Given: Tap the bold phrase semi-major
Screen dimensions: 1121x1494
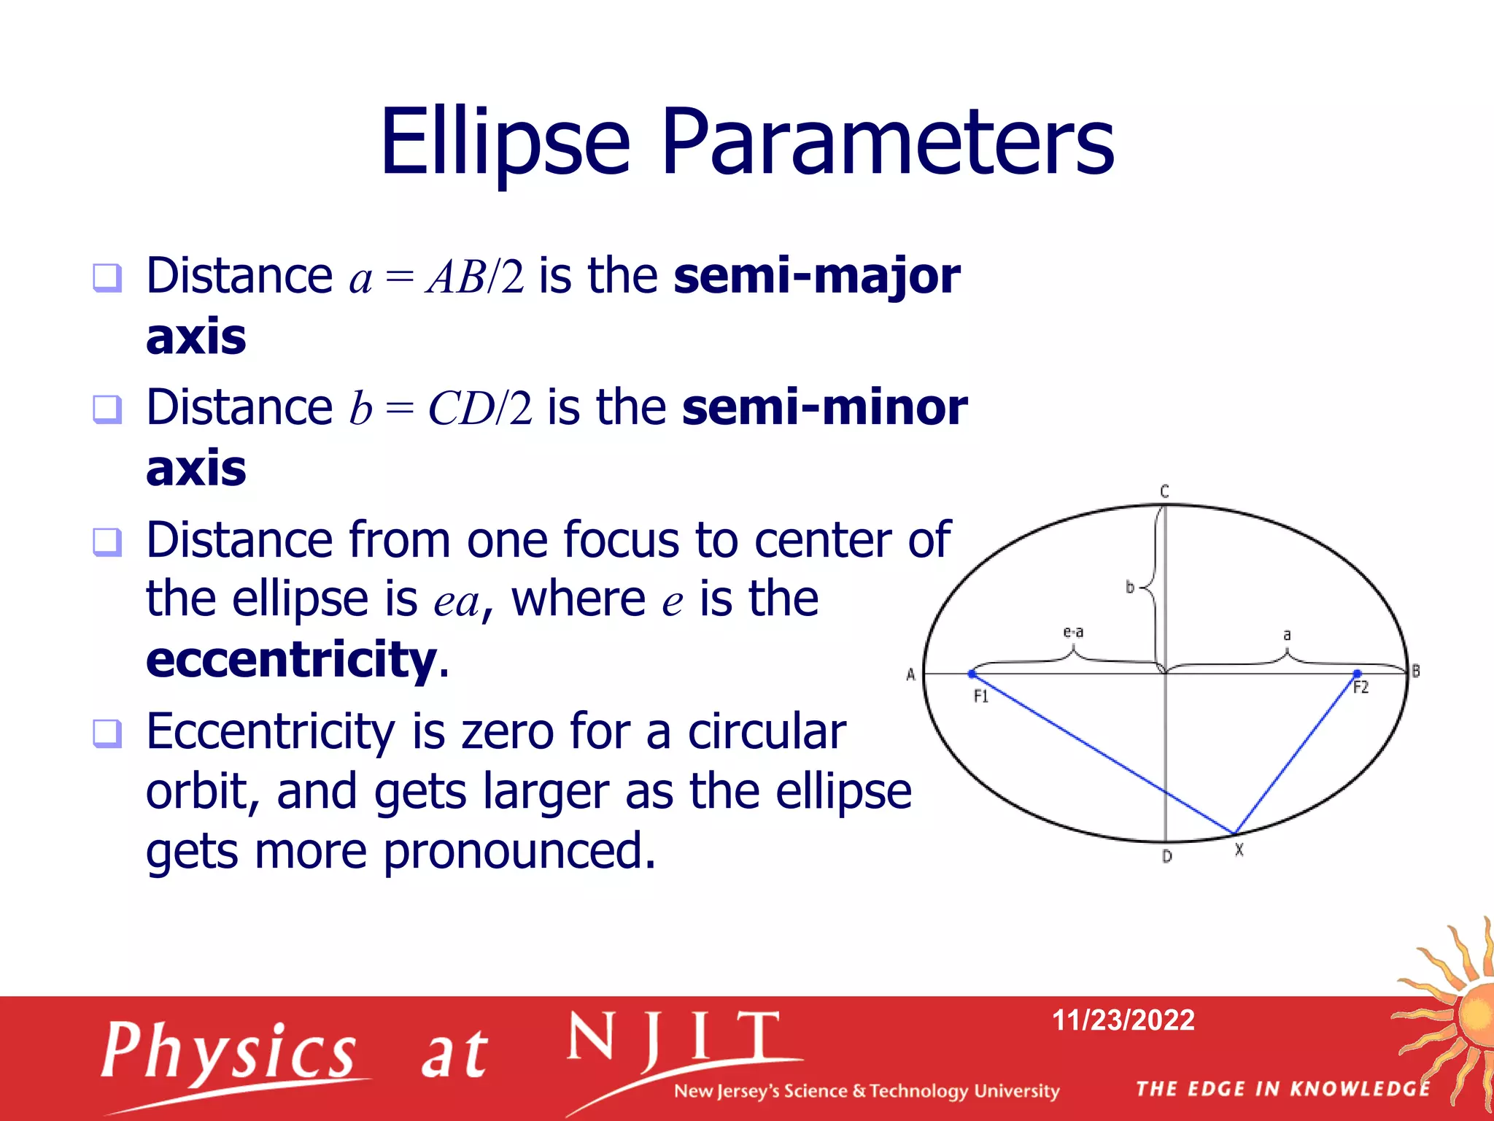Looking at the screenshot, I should tap(816, 276).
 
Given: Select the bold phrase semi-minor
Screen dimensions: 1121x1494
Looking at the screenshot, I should tap(824, 407).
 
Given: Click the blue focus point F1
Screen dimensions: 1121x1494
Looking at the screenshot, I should tap(972, 674).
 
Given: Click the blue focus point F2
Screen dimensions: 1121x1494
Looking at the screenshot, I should tap(1357, 673).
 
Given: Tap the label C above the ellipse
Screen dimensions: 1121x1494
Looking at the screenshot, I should tap(1164, 491).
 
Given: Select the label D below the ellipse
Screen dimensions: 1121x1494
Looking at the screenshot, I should tap(1166, 856).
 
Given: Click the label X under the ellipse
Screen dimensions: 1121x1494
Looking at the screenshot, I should tap(1239, 850).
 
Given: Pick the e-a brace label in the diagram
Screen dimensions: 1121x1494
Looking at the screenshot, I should tap(1073, 631).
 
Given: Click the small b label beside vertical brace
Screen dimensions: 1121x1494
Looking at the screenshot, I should tap(1130, 587).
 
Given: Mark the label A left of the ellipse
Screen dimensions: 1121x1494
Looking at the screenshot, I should tap(910, 674).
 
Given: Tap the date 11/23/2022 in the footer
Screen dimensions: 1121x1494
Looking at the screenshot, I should tap(1123, 1020).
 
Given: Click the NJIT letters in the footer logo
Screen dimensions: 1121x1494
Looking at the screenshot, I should tap(675, 1038).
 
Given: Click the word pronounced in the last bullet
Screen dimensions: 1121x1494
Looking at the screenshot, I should tap(519, 852).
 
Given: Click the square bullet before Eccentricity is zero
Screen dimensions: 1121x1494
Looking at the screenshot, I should tap(107, 733).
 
